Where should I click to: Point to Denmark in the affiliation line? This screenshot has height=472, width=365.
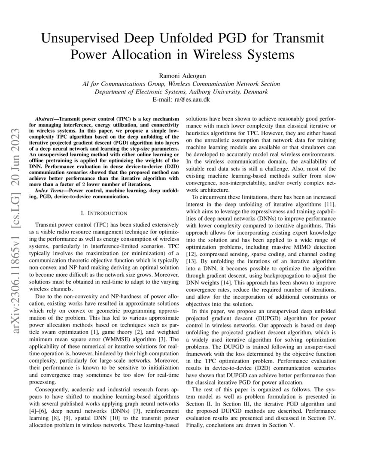click(x=255, y=91)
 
